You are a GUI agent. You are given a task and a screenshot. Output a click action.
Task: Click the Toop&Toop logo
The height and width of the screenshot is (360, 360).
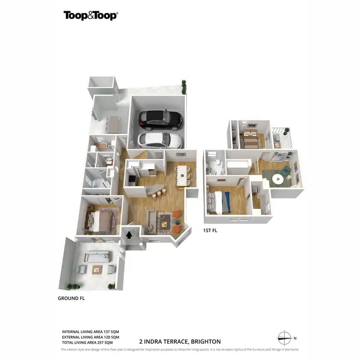pyautogui.click(x=91, y=15)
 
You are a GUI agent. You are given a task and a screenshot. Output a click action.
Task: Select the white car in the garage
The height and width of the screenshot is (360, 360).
pyautogui.click(x=160, y=140)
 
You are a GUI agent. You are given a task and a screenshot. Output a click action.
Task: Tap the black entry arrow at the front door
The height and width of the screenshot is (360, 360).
pyautogui.click(x=129, y=234)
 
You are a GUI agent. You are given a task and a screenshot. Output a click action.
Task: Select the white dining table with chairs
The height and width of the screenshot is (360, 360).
pyautogui.click(x=182, y=176)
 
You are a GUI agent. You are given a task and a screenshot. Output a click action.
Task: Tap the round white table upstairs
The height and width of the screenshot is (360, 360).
pyautogui.click(x=277, y=180)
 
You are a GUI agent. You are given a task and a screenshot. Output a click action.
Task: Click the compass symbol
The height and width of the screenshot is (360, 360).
pyautogui.click(x=284, y=337)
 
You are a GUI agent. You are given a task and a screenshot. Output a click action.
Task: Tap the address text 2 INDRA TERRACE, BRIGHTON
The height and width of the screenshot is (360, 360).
pyautogui.click(x=180, y=342)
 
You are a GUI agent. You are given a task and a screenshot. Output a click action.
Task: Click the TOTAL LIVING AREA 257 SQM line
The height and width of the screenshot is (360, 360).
pyautogui.click(x=87, y=343)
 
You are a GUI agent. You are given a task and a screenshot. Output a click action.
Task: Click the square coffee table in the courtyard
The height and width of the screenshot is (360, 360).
pyautogui.click(x=97, y=269)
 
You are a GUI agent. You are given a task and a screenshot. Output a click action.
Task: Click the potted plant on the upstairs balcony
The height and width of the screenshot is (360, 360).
pyautogui.click(x=287, y=131)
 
